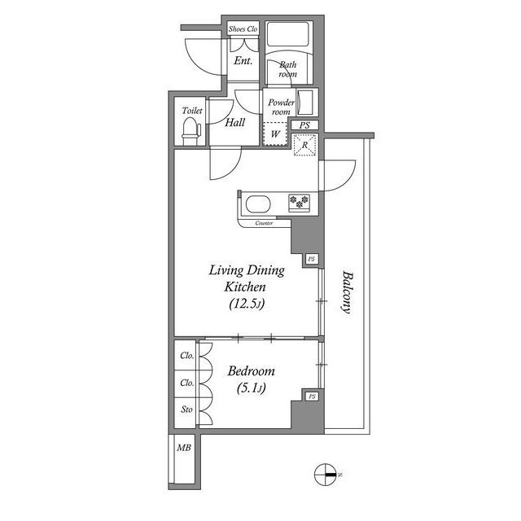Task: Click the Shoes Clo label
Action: (243, 29)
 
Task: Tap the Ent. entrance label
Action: (243, 61)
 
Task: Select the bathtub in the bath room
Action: (289, 36)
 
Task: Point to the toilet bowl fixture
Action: (190, 129)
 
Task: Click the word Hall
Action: (236, 124)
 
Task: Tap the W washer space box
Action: (276, 133)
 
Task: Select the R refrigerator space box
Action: (304, 145)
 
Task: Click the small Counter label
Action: (263, 222)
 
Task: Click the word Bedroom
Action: (252, 370)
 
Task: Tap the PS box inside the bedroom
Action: (312, 396)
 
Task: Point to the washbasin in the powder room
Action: (307, 103)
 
